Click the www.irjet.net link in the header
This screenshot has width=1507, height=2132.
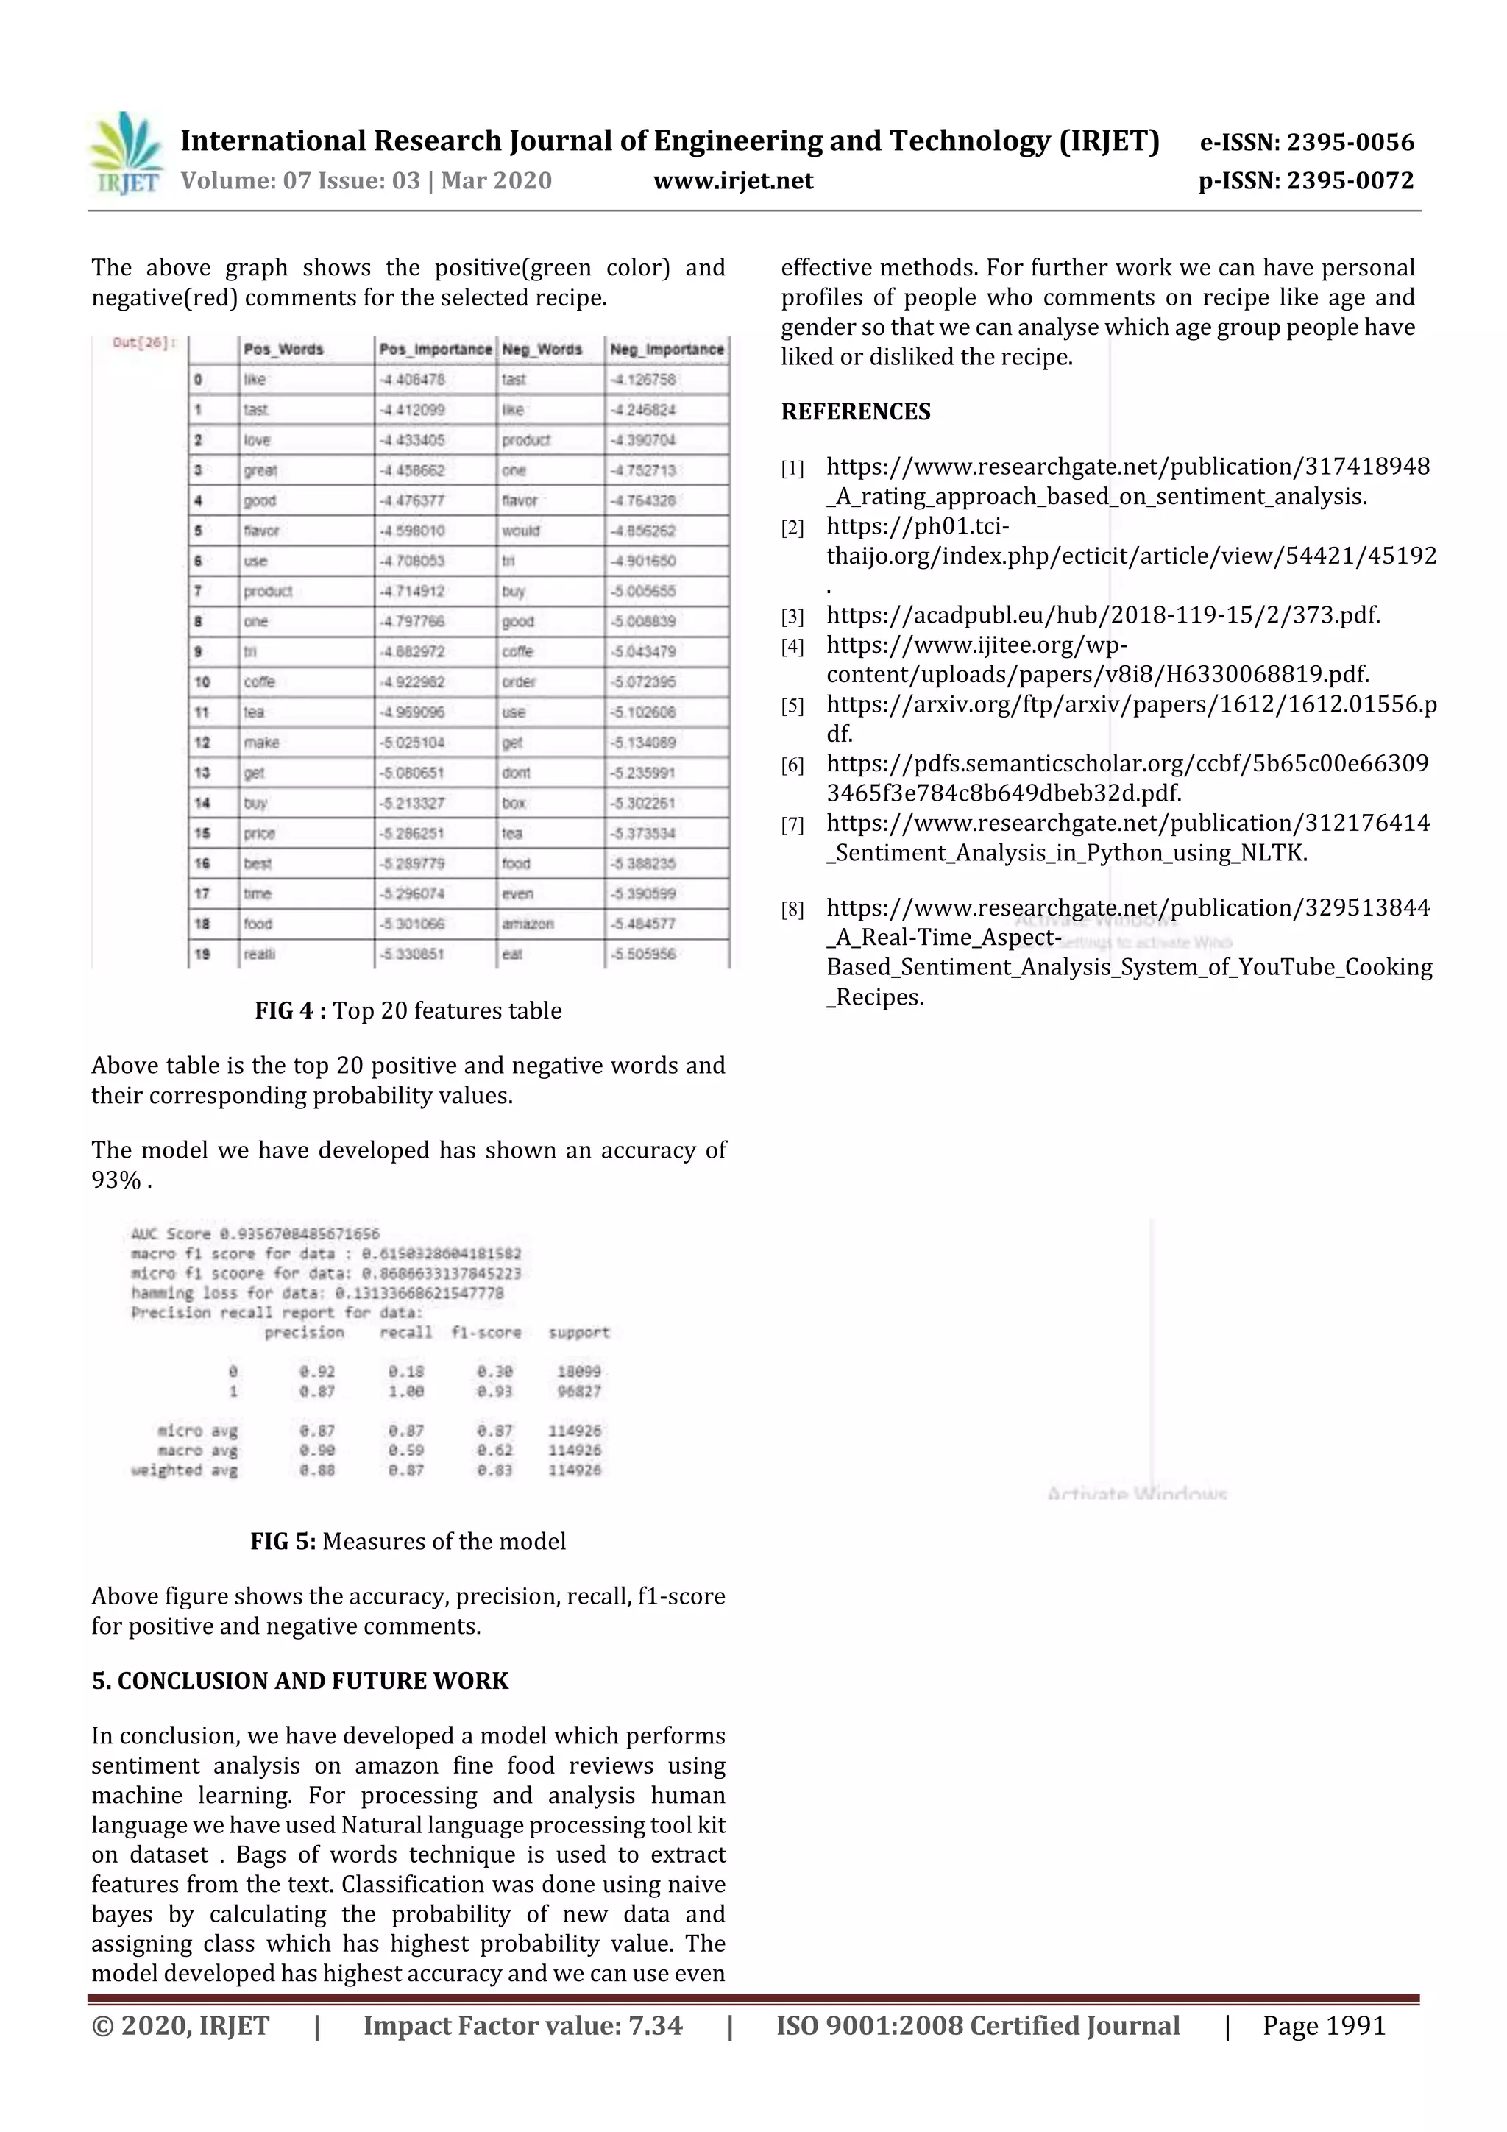point(733,181)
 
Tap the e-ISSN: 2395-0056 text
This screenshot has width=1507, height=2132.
point(1306,142)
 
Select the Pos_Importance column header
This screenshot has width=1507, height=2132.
point(436,349)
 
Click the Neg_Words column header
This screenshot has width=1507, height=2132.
point(542,349)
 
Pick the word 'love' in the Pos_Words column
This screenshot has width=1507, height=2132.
point(258,440)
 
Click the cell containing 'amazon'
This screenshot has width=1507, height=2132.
point(528,924)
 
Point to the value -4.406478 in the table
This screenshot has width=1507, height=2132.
point(412,380)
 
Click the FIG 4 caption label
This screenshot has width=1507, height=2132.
point(290,1010)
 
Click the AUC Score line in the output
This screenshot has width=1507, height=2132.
point(255,1234)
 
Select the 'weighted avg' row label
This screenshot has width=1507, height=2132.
point(184,1470)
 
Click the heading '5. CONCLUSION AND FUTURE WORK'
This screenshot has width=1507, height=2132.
point(300,1681)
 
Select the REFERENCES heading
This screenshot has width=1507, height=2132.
point(855,411)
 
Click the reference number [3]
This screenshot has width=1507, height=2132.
point(792,617)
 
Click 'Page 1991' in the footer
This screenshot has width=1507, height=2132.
point(1323,2025)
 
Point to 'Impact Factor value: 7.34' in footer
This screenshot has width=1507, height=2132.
point(522,2025)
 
